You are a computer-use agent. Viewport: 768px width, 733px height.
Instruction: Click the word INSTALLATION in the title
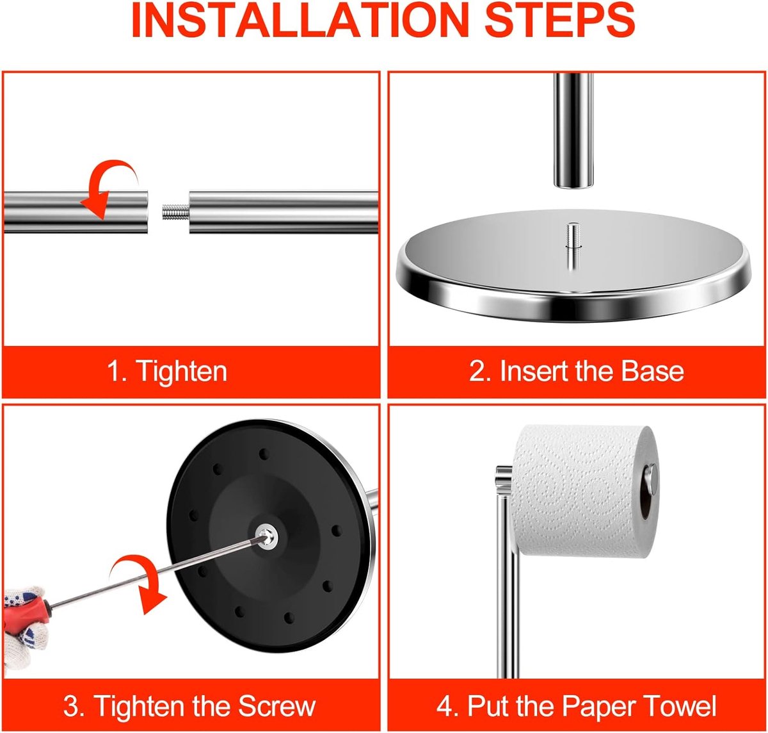click(x=298, y=21)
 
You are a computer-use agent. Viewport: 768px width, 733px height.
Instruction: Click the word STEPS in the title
click(x=559, y=21)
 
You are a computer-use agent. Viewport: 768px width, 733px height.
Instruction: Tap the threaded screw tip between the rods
click(x=175, y=212)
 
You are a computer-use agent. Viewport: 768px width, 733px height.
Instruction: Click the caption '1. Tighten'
click(x=167, y=371)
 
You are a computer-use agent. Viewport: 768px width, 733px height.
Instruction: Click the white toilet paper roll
click(x=584, y=491)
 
